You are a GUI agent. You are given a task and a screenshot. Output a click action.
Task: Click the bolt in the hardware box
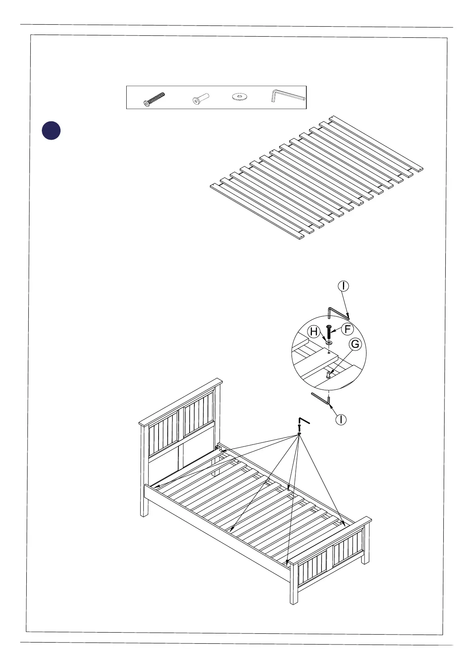[x=154, y=99]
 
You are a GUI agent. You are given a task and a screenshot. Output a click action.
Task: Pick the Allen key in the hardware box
[x=288, y=96]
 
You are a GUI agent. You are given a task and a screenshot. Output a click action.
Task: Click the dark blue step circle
[x=51, y=131]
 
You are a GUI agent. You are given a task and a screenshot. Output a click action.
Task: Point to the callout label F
[x=347, y=329]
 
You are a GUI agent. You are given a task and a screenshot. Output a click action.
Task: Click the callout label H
[x=314, y=331]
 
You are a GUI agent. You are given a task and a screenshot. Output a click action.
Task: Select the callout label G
[x=355, y=344]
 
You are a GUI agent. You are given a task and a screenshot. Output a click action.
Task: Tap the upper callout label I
[x=343, y=286]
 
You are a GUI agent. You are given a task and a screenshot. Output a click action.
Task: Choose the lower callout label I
[x=341, y=419]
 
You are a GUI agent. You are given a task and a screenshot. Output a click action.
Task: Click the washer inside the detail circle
[x=329, y=342]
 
